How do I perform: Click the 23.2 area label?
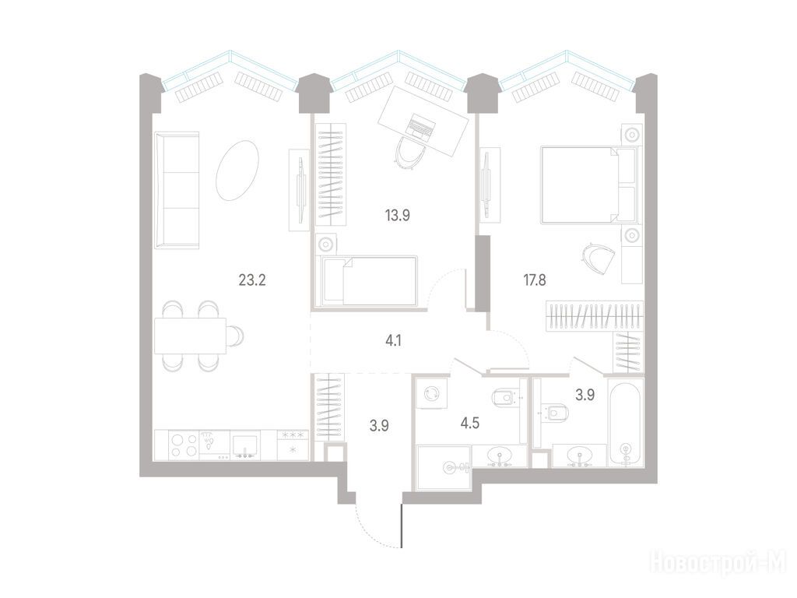tap(253, 280)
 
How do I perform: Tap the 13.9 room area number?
tap(398, 216)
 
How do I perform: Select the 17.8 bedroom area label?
tap(535, 280)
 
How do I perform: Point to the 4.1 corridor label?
tap(393, 339)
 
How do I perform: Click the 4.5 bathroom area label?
tap(469, 423)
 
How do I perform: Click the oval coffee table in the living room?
tap(237, 171)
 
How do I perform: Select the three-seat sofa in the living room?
tap(177, 191)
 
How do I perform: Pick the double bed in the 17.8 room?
tap(588, 185)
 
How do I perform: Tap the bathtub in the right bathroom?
tap(626, 423)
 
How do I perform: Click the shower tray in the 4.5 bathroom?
tap(444, 467)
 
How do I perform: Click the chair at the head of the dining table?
tap(235, 336)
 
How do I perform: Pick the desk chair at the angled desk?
tap(410, 153)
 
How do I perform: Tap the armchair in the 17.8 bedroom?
tap(599, 259)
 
